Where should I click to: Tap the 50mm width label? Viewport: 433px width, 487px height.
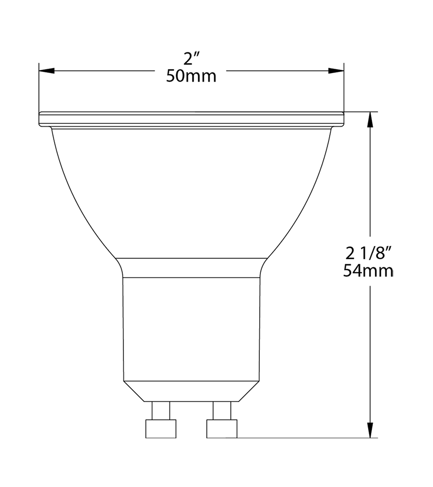191,76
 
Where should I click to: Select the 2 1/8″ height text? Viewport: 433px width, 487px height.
368,253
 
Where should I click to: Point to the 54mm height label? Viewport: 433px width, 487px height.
368,270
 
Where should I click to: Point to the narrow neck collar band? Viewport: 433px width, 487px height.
191,267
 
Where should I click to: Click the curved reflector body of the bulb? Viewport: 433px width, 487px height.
191,195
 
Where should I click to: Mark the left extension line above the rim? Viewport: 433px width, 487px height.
39,89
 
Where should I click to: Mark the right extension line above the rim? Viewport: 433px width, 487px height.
344,89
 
